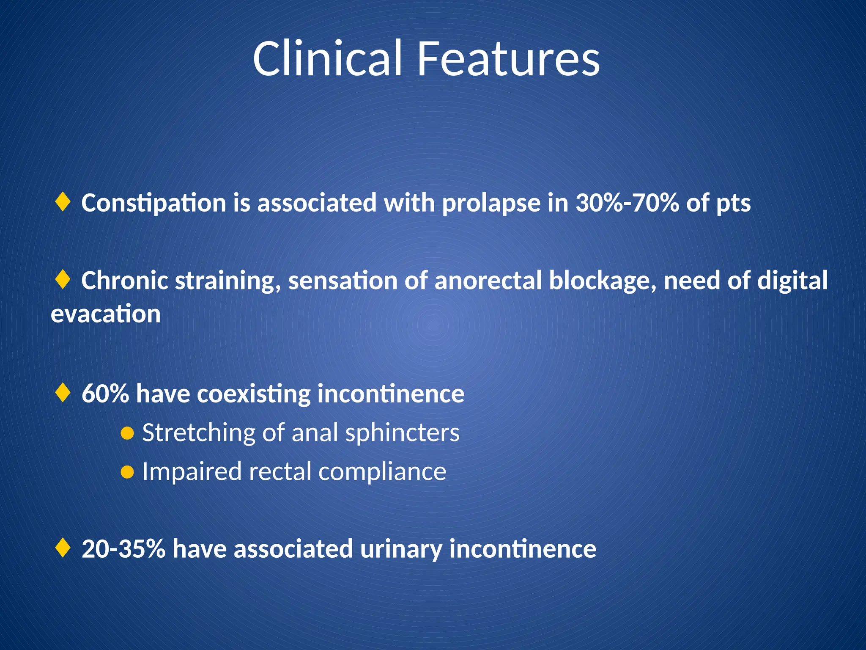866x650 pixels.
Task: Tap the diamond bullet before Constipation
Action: [x=63, y=202]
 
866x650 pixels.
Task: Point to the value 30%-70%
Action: [x=627, y=203]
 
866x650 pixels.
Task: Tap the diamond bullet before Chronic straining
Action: [x=63, y=280]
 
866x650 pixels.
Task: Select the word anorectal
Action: [x=488, y=281]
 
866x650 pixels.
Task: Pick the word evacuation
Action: [x=106, y=314]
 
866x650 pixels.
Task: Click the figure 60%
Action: [x=105, y=394]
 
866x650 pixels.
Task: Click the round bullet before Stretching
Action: [x=127, y=433]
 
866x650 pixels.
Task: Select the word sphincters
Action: [x=402, y=433]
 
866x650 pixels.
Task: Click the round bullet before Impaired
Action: [x=127, y=472]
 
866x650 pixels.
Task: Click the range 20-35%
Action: [x=123, y=549]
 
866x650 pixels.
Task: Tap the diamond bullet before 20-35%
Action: [x=63, y=548]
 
